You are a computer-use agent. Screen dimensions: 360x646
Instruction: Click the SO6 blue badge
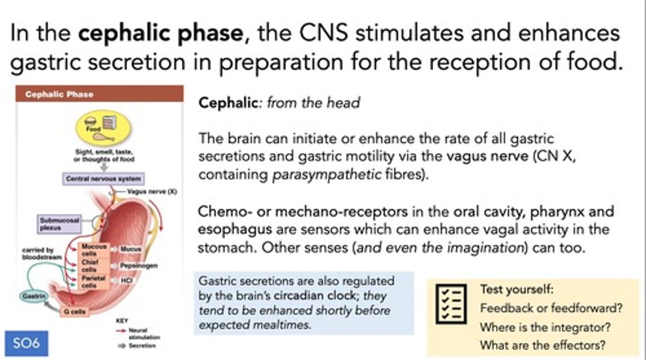point(26,343)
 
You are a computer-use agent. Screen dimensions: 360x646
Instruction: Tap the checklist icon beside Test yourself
point(451,304)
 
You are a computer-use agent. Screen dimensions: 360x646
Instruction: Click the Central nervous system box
point(103,179)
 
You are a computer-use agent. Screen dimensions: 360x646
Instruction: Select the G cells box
point(74,311)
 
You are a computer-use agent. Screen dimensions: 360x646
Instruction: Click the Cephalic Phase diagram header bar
point(100,94)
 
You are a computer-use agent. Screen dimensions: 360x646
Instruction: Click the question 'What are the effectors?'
point(543,346)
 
